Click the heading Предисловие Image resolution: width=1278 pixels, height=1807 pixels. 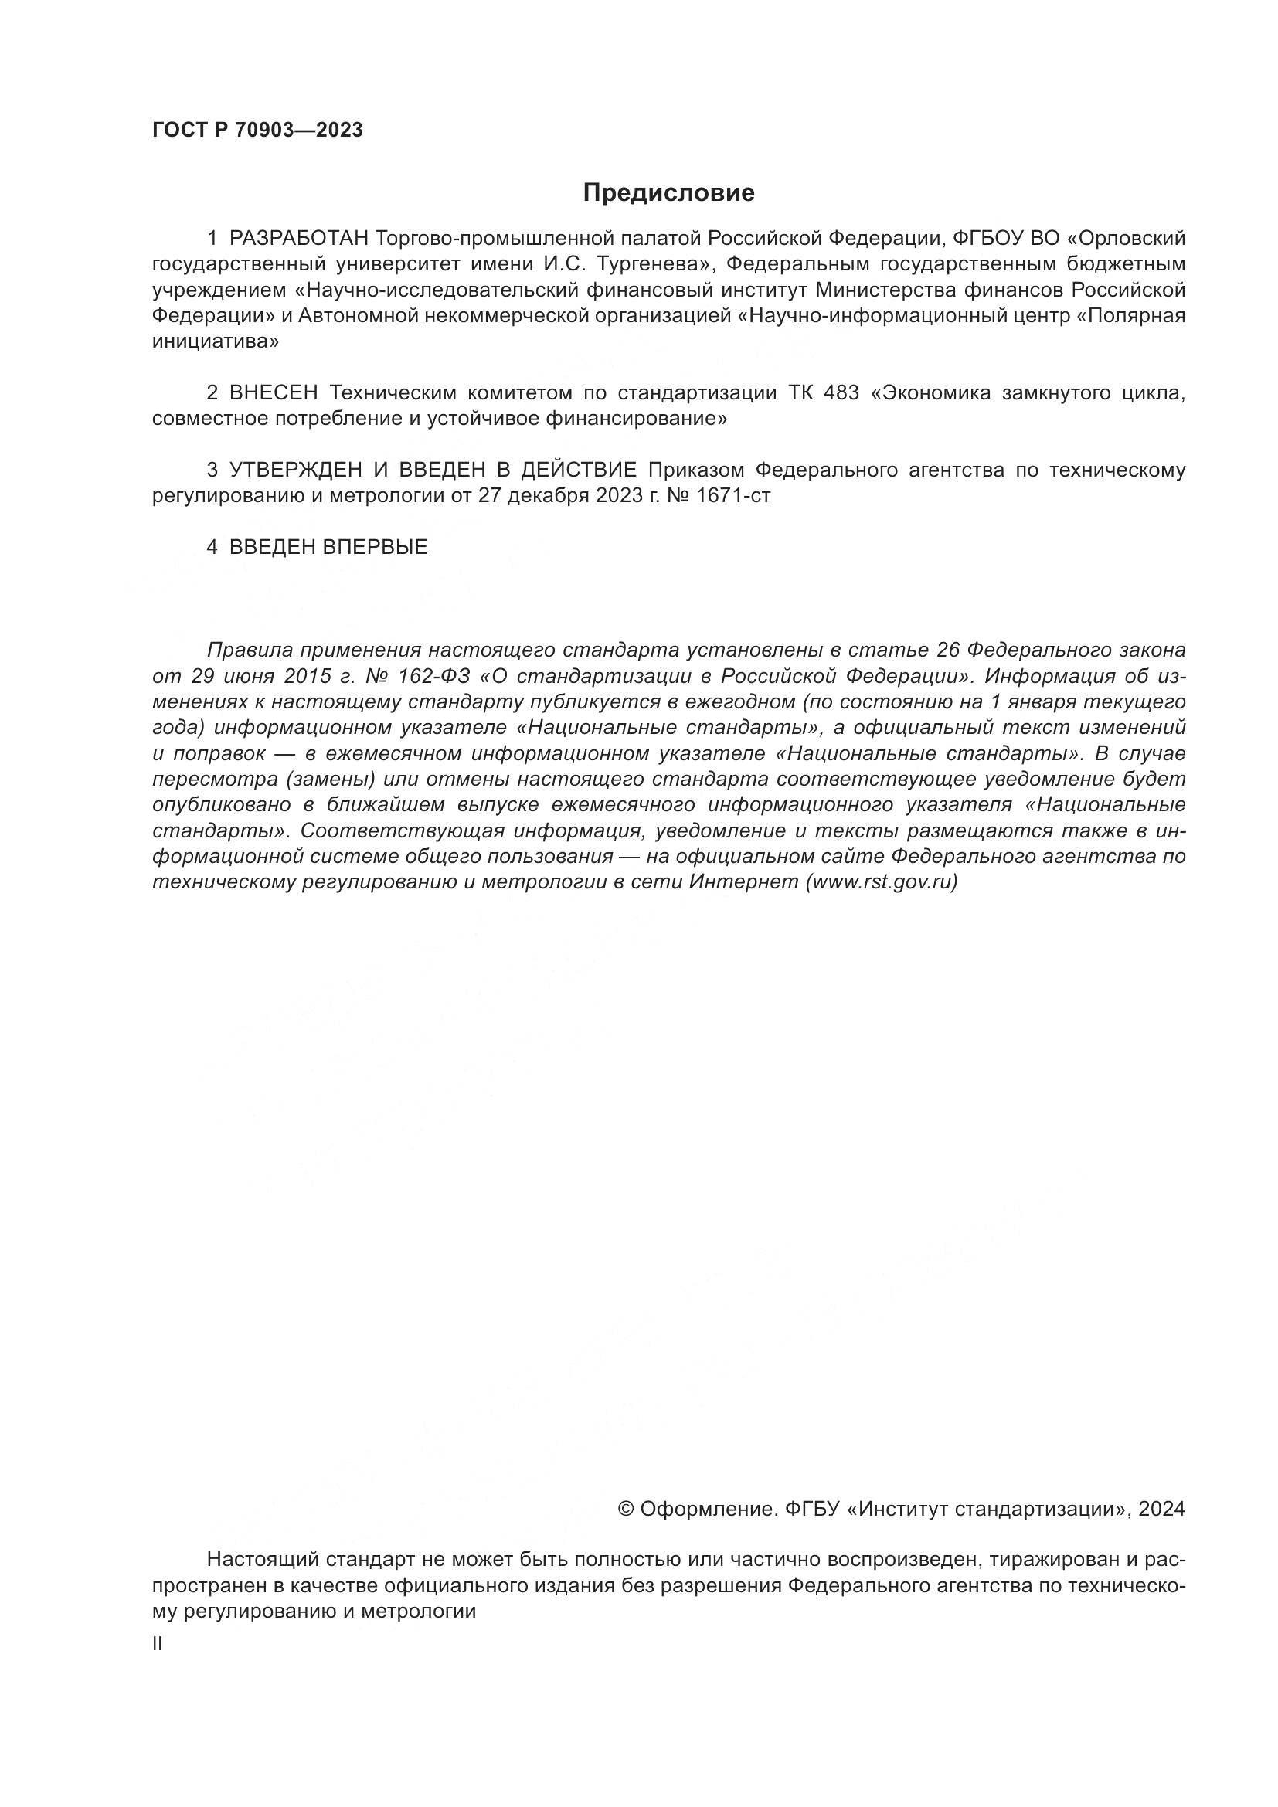coord(668,193)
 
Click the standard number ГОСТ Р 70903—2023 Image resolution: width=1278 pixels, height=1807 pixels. coord(257,131)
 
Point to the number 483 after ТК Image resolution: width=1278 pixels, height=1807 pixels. coord(841,392)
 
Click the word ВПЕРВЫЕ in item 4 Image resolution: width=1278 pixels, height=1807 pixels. coord(376,548)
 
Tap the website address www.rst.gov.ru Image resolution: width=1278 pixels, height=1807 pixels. coord(882,882)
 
